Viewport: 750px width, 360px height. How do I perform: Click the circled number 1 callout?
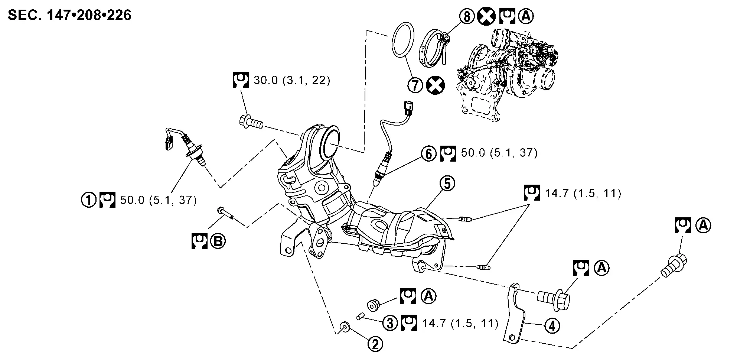pos(89,200)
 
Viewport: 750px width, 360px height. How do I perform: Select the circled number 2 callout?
pos(375,345)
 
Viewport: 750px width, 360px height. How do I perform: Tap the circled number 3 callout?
pos(390,323)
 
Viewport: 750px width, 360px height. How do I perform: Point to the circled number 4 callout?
pos(552,326)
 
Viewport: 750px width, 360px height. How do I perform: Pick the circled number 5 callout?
pos(447,184)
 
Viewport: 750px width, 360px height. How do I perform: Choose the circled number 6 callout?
pos(428,153)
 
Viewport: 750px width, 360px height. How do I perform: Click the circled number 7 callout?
pos(415,85)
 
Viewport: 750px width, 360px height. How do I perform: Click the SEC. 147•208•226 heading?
pos(69,15)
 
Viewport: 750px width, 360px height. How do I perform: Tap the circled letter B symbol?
pos(218,241)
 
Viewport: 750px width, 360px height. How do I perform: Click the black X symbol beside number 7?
pos(435,85)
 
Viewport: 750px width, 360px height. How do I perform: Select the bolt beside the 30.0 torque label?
pos(251,122)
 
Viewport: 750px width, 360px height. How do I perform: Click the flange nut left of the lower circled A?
pos(373,305)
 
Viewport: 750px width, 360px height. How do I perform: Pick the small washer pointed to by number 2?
pos(345,327)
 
